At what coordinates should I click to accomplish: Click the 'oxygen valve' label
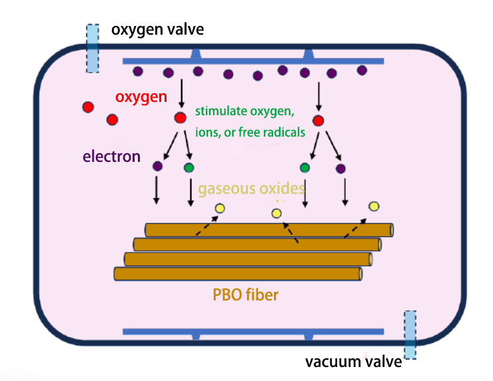[x=157, y=29]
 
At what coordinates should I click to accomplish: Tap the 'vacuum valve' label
[x=354, y=362]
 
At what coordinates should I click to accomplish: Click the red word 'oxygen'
[x=141, y=97]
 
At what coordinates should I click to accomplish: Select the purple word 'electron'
[x=111, y=157]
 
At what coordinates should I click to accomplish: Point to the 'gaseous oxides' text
[x=251, y=189]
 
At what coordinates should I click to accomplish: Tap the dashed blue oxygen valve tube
[x=92, y=48]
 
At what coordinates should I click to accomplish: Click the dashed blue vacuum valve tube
[x=410, y=335]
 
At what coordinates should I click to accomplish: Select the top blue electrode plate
[x=253, y=61]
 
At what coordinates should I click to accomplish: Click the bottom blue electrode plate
[x=253, y=331]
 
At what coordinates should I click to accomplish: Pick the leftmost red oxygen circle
[x=88, y=107]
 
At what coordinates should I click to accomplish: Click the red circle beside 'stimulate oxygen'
[x=180, y=118]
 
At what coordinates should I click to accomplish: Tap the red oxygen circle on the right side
[x=318, y=121]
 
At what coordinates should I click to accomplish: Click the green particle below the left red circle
[x=189, y=167]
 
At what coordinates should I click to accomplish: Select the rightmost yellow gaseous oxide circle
[x=374, y=206]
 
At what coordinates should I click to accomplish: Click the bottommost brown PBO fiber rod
[x=239, y=273]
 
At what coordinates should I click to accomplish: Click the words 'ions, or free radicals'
[x=250, y=132]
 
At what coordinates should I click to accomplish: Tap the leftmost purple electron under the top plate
[x=138, y=71]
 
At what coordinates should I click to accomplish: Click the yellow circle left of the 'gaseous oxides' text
[x=220, y=209]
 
